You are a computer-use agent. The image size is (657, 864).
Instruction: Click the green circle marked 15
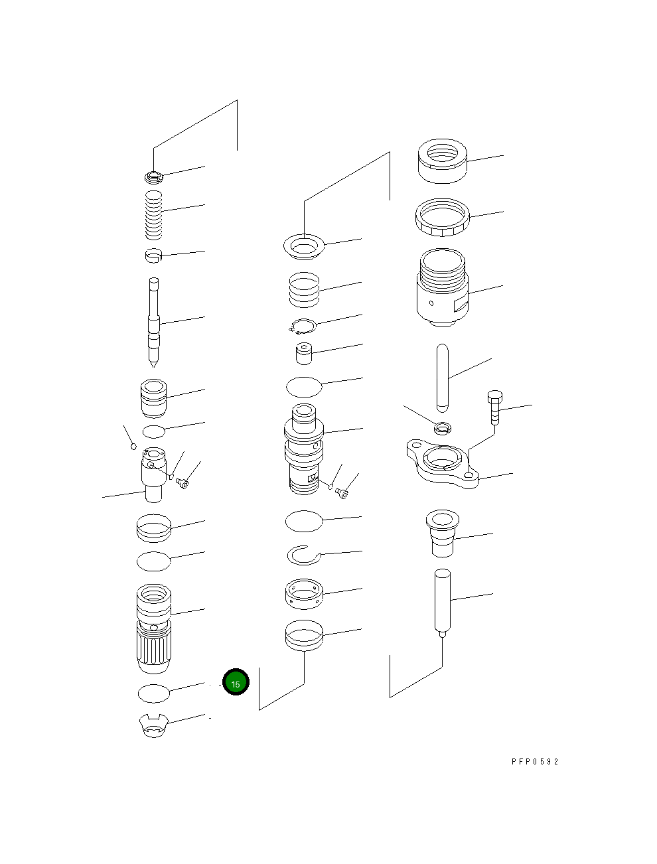[236, 682]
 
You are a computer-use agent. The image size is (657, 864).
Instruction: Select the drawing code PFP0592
[535, 762]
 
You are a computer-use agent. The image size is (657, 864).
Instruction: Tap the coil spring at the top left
[154, 215]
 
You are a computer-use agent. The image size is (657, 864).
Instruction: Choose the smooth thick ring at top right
[443, 161]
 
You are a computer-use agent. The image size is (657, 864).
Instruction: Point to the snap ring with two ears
[303, 326]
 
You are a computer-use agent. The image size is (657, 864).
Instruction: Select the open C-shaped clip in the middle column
[303, 554]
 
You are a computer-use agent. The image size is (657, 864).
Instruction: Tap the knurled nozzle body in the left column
[153, 627]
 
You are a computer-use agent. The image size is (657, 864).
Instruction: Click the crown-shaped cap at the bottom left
[153, 725]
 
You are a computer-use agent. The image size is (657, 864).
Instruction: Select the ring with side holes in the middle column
[303, 593]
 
